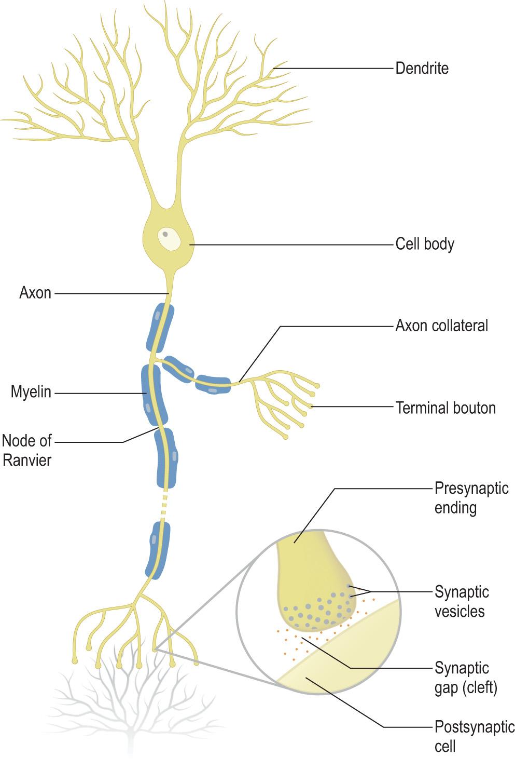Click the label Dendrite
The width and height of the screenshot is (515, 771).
[422, 68]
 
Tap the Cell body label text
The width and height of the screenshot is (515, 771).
[424, 244]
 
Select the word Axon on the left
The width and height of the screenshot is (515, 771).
[35, 293]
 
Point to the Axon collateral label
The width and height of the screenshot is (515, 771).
[441, 326]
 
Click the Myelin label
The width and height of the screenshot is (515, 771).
[31, 392]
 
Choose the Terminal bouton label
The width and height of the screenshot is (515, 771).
[446, 408]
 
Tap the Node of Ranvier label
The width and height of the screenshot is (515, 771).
[27, 450]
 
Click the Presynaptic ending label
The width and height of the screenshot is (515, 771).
[471, 497]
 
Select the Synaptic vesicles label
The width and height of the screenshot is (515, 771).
[461, 601]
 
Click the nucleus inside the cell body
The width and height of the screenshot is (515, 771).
[170, 239]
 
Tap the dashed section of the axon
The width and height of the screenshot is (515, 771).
[165, 505]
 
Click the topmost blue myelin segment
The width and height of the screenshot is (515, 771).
[160, 327]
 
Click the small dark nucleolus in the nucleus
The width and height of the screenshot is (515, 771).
[165, 234]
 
